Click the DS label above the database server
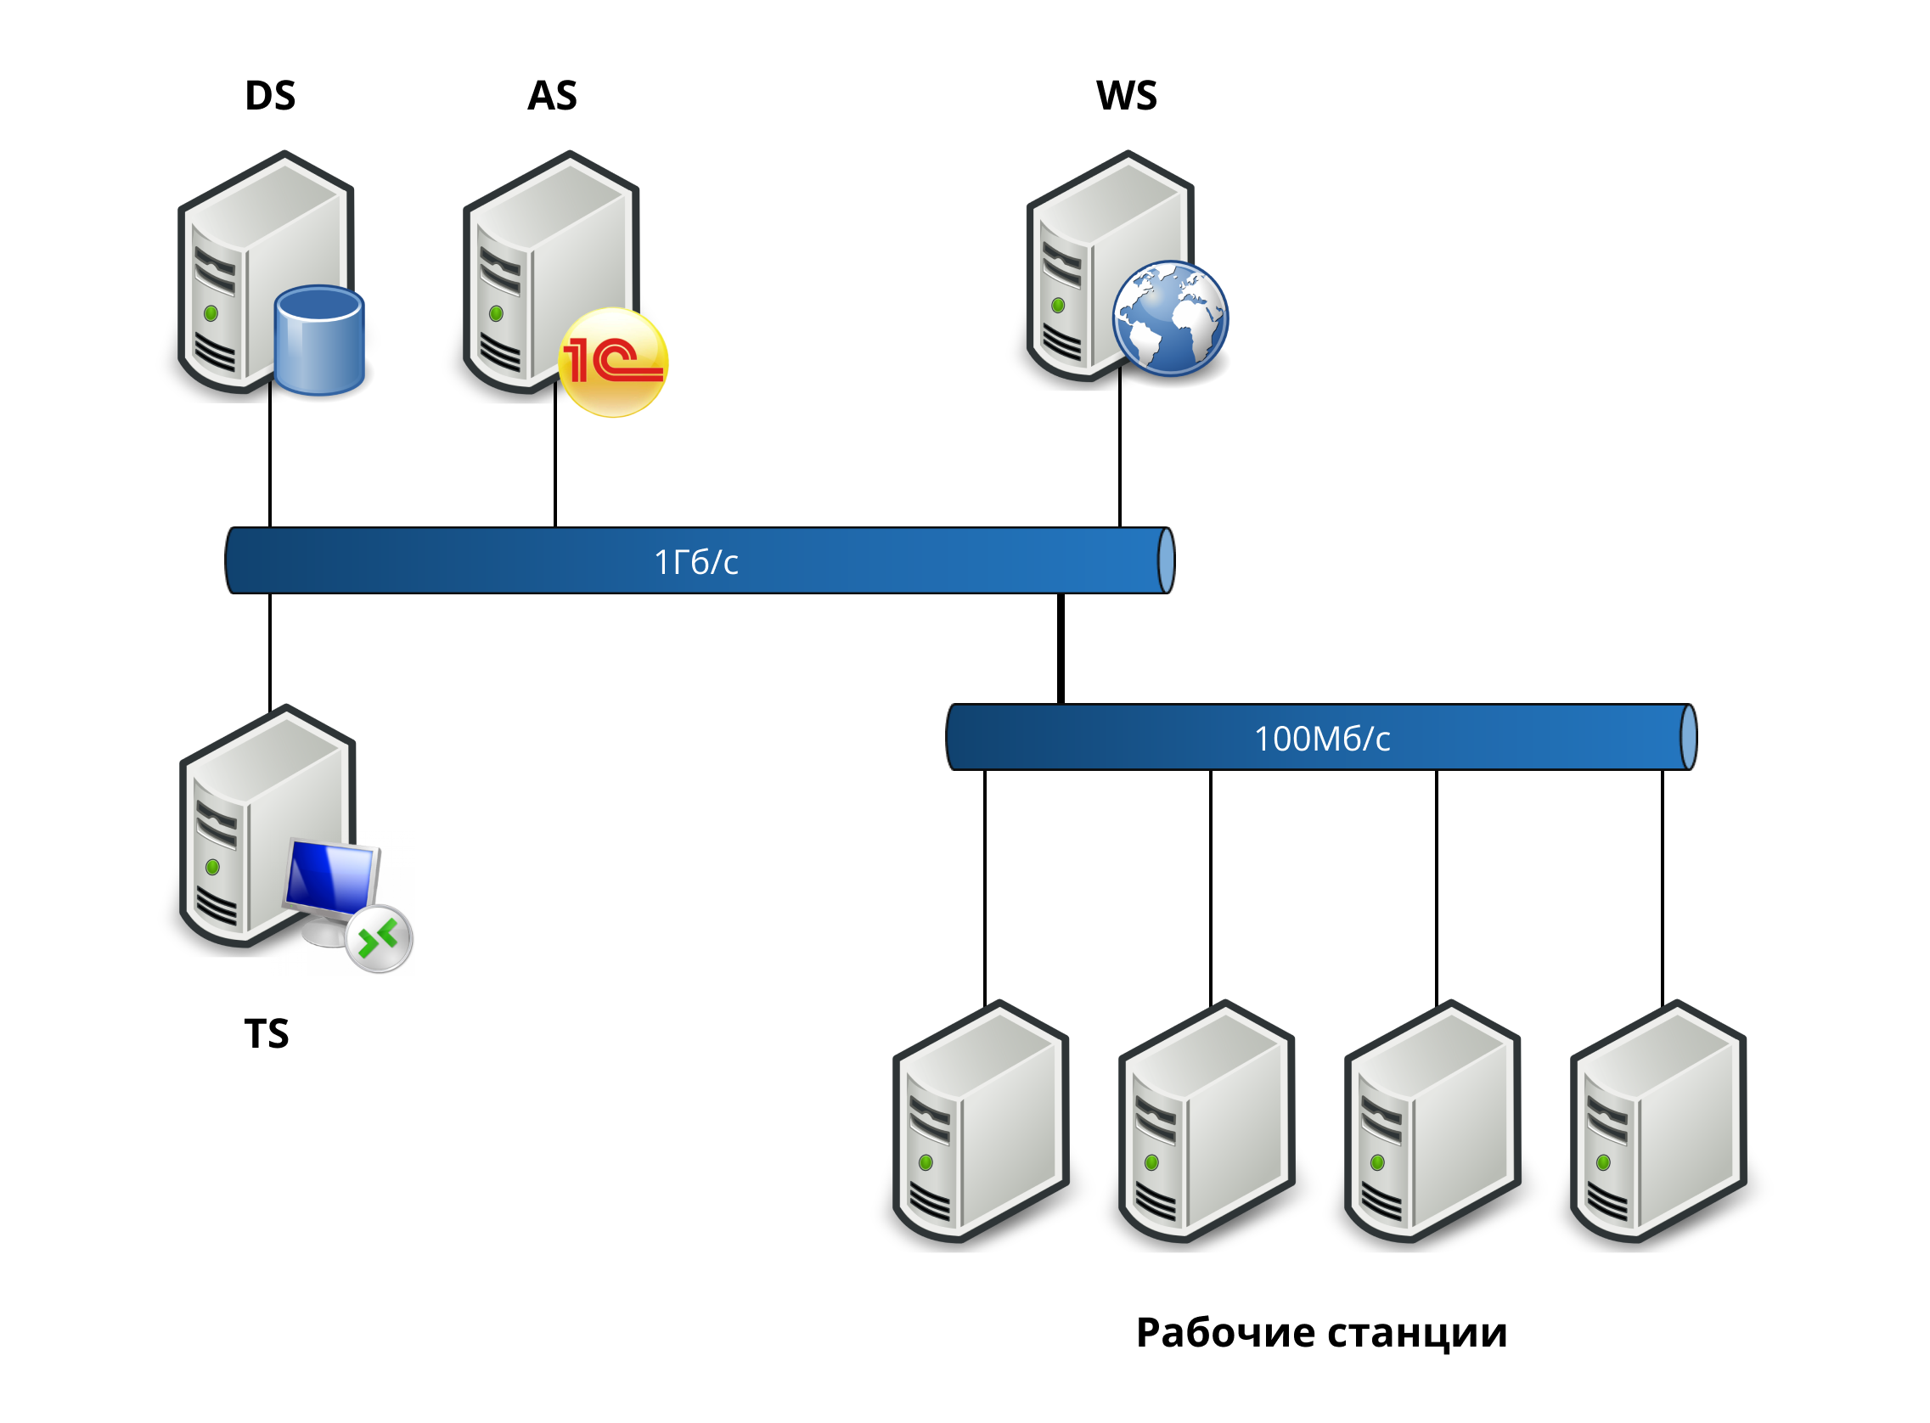[x=269, y=96]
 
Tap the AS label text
[x=552, y=96]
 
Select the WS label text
[x=1126, y=96]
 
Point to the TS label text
[x=266, y=1032]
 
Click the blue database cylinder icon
[x=318, y=340]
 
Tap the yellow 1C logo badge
[x=612, y=362]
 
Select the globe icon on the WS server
[x=1169, y=318]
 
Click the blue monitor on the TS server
[x=331, y=878]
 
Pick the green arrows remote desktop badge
[x=379, y=938]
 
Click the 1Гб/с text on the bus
[x=696, y=561]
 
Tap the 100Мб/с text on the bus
[x=1321, y=738]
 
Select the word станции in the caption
[x=1416, y=1331]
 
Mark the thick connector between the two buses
[x=1061, y=648]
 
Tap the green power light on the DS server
[x=211, y=313]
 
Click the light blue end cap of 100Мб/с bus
[x=1689, y=737]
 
